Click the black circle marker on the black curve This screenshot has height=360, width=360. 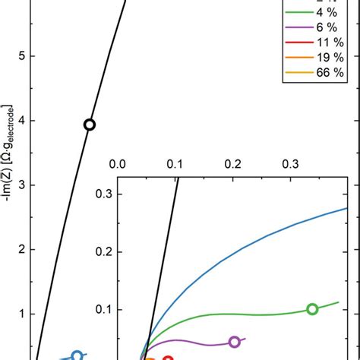pos(89,125)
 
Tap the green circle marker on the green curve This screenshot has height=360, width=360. pos(312,308)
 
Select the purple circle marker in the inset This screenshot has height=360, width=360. pos(235,342)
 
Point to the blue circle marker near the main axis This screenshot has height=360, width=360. pos(77,355)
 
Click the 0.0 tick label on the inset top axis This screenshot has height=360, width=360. pos(118,163)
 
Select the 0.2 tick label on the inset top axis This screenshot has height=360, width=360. pos(232,163)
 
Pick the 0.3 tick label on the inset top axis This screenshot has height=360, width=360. pos(290,163)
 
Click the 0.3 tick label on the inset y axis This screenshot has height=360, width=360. pos(103,194)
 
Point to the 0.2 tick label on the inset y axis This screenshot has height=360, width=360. pos(103,251)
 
